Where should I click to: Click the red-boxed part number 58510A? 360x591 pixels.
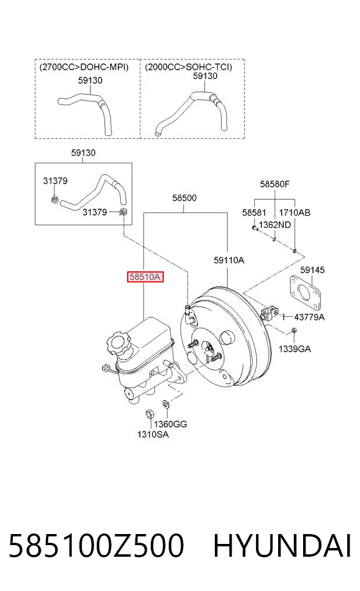(145, 277)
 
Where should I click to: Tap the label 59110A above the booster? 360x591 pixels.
(229, 260)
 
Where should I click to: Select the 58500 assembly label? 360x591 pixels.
(185, 198)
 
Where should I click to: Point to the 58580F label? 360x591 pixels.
(275, 184)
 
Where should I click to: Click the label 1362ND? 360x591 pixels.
(275, 225)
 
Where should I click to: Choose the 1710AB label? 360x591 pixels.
(294, 213)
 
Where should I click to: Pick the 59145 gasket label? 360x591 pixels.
(312, 270)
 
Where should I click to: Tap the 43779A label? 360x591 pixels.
(309, 317)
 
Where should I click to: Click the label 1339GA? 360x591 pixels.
(294, 349)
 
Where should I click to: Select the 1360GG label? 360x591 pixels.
(170, 424)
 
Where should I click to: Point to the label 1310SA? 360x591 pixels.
(153, 435)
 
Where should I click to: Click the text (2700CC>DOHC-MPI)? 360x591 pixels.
(84, 67)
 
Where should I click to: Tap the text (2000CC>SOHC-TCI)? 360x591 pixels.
(189, 67)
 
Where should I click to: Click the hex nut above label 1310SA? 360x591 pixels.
(149, 413)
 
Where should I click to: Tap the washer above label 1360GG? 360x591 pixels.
(165, 404)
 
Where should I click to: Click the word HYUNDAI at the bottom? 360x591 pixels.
(282, 546)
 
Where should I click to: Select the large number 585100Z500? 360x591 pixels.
(96, 546)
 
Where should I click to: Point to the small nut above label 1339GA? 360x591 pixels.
(294, 331)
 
